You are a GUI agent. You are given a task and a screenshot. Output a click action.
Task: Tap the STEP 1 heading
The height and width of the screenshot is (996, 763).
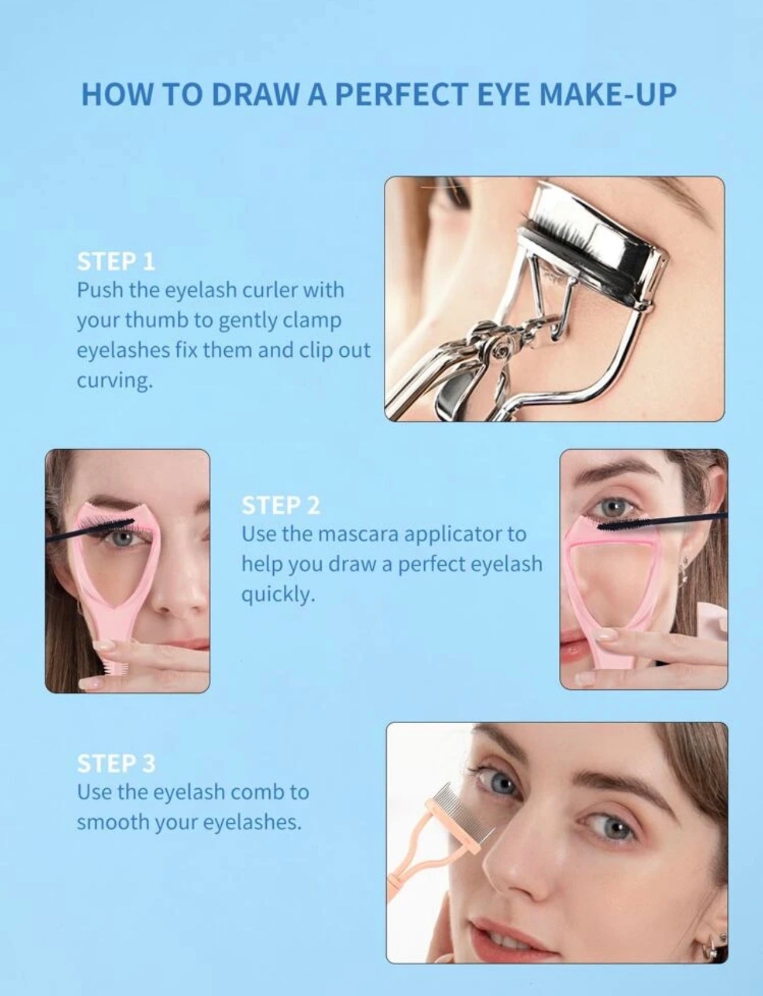tap(116, 262)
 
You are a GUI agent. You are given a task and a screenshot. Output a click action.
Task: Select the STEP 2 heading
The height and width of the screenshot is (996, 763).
tap(281, 505)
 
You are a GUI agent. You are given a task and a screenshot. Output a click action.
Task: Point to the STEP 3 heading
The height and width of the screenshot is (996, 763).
tap(117, 763)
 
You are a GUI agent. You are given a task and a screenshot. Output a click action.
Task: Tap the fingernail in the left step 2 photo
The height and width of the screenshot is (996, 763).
tap(92, 684)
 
